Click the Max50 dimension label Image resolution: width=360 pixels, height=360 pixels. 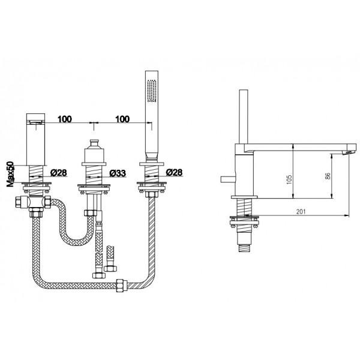(11, 174)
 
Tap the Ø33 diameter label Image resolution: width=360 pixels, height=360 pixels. (118, 173)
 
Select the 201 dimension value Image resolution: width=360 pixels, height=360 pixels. (301, 212)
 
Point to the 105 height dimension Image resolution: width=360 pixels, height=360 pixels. (289, 180)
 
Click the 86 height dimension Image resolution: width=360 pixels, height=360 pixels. (328, 176)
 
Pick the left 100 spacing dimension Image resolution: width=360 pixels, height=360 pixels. (65, 119)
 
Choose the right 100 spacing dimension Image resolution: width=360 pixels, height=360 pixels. (122, 119)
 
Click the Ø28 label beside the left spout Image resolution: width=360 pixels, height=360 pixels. (59, 173)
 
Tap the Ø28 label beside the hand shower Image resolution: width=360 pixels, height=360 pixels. (174, 172)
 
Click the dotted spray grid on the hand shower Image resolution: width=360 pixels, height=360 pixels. (152, 91)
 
